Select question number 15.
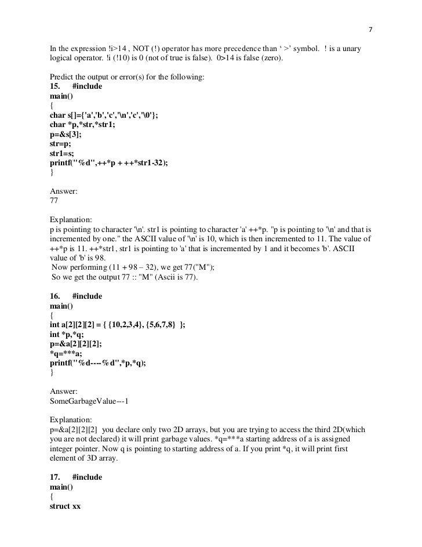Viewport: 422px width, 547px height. [x=57, y=86]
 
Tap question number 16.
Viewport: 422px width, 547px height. [x=57, y=296]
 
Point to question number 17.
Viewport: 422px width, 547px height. [x=57, y=477]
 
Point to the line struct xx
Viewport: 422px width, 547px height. [x=66, y=506]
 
